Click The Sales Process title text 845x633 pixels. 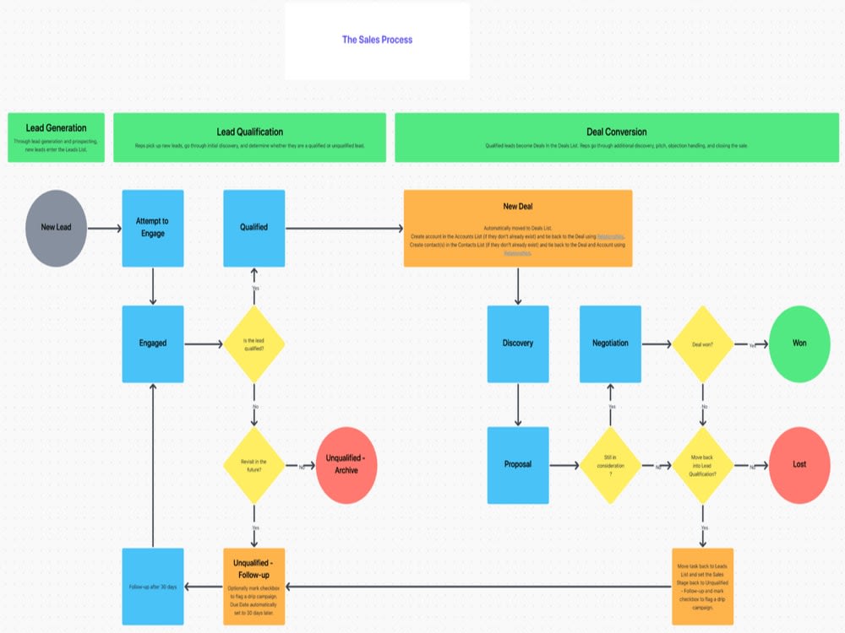point(377,40)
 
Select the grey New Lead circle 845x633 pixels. point(56,227)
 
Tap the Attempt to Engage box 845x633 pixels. point(153,227)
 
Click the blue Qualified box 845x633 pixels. point(253,227)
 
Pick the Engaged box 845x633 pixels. point(153,344)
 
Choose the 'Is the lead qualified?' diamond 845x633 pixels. point(253,344)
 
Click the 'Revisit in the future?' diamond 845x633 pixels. point(253,465)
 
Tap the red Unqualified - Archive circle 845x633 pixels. point(346,465)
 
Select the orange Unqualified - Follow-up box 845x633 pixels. point(253,586)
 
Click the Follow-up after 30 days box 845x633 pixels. point(153,586)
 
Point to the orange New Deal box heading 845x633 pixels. point(517,207)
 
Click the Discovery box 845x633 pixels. point(517,344)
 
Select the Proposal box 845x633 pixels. point(517,464)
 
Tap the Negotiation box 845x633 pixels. point(610,344)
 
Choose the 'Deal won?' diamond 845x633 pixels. point(703,344)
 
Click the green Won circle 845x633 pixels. point(799,344)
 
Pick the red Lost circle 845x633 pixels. point(799,465)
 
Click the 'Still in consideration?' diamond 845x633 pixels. point(610,465)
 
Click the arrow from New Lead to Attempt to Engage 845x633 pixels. point(104,228)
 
